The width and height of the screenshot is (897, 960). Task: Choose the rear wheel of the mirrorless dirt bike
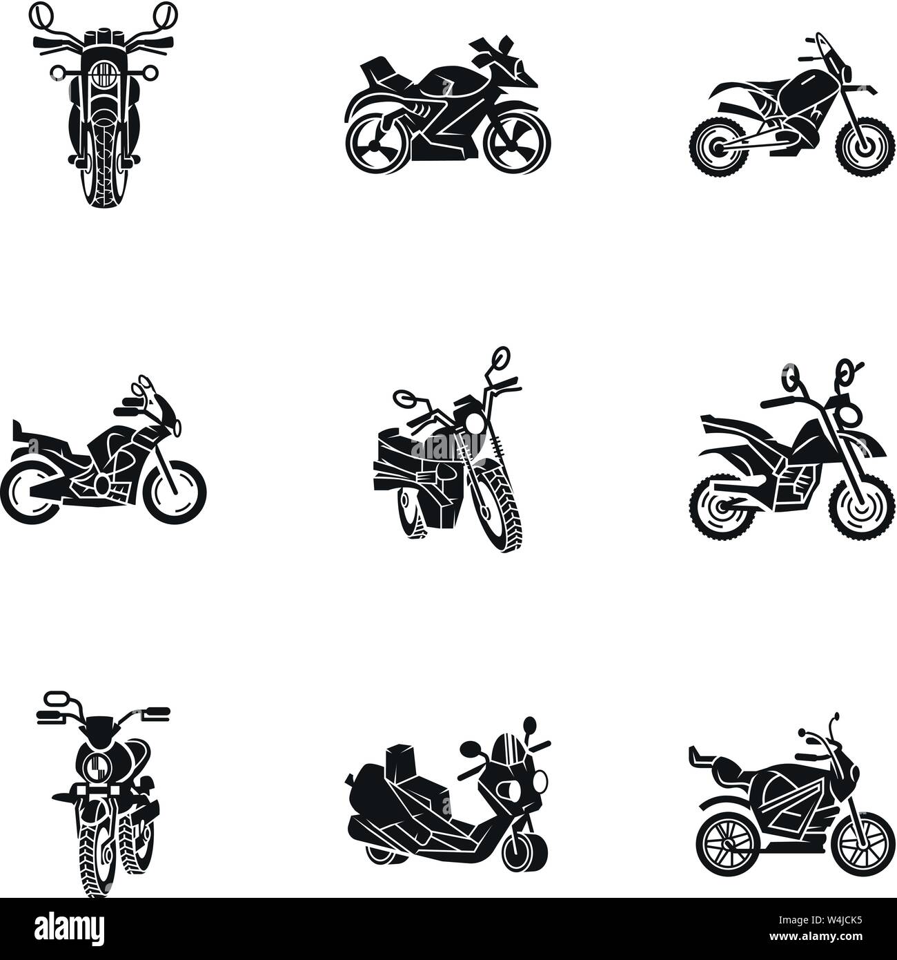click(714, 146)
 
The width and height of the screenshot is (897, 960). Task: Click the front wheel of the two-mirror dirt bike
click(858, 510)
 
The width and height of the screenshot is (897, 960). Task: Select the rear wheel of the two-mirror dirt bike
click(720, 509)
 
